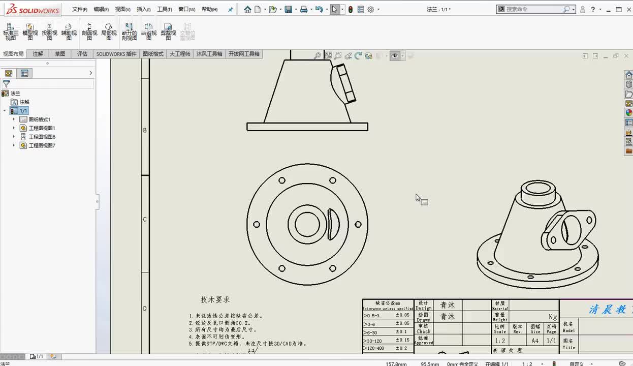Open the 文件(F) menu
pos(79,10)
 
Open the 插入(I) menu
pos(144,10)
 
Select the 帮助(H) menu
pos(209,10)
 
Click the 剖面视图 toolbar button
pos(89,32)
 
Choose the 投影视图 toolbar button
pos(49,32)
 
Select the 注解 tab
pos(38,54)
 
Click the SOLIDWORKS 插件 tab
pos(116,54)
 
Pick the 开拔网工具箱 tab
pos(244,54)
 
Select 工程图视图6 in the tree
pos(42,137)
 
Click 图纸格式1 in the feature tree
pos(39,119)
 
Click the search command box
pos(533,10)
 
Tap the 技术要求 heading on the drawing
pos(215,300)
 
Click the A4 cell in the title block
pos(535,341)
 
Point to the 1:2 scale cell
pos(500,341)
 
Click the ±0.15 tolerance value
pos(402,340)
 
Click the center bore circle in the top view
pos(307,224)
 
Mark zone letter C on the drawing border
pos(145,220)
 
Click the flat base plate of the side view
pos(307,127)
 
